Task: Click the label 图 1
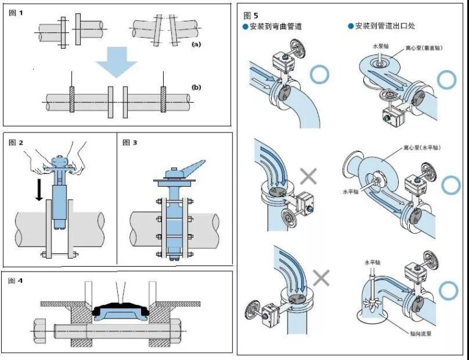[x=16, y=13]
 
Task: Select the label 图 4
[x=16, y=281]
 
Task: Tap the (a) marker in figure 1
[x=196, y=45]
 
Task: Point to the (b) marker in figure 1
[x=196, y=87]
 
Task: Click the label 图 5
[x=251, y=15]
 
